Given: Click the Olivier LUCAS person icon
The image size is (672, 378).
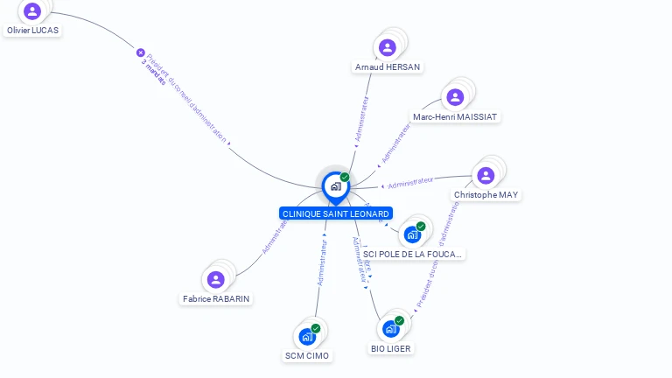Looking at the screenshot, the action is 32,11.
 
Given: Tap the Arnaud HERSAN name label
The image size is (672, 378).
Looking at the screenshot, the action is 388,66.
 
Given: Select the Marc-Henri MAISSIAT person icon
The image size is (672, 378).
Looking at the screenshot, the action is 455,97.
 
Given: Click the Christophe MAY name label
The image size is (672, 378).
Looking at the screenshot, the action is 486,194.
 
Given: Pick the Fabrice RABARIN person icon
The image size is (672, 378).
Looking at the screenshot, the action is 215,280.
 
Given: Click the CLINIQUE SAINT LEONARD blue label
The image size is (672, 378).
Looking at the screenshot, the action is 336,213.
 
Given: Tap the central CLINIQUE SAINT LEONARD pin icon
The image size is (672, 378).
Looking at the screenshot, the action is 335,185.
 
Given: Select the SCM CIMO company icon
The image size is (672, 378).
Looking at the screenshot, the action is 307,337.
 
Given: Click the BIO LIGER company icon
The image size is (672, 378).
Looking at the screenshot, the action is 390,329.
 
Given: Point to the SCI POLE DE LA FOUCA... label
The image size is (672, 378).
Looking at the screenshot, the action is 414,254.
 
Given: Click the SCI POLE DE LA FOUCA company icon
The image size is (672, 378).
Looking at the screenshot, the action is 412,234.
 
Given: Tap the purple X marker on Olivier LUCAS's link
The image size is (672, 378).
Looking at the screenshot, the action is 140,52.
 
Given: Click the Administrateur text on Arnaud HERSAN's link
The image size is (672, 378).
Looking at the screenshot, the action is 361,119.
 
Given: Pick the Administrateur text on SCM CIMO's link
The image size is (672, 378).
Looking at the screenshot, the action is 322,263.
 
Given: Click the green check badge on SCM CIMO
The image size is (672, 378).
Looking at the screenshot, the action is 316,328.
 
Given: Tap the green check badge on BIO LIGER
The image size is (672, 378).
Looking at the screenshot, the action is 399,320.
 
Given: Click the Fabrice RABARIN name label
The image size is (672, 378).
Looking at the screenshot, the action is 216,298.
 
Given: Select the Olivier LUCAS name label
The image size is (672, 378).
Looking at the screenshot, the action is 33,30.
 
